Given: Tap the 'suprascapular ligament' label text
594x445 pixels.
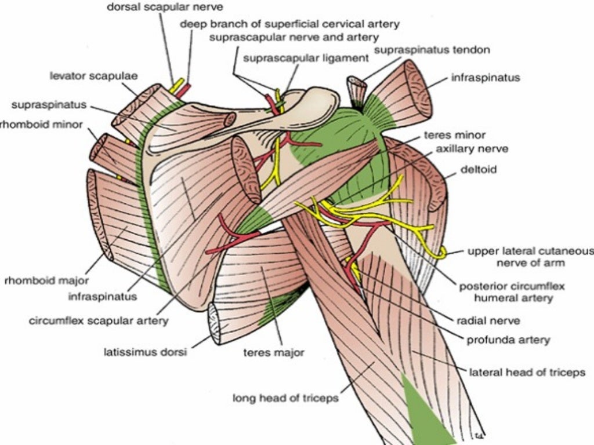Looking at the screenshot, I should pos(306,58).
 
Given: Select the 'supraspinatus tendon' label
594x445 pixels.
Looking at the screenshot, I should pos(432,50).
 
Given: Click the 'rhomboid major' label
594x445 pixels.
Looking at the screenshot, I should pos(46,282).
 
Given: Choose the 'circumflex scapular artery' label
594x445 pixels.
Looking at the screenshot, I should pos(99,320).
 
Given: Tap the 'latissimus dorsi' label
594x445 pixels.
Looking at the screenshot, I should pos(145,352).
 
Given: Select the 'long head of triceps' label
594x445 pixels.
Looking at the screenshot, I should pos(285,398).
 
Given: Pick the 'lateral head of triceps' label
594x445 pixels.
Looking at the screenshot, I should pos(527,372).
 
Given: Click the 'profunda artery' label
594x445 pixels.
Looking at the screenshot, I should pos(508,340).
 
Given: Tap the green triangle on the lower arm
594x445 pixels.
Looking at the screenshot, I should pos(427,414).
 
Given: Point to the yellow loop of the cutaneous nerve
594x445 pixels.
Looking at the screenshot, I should pos(443,252).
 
